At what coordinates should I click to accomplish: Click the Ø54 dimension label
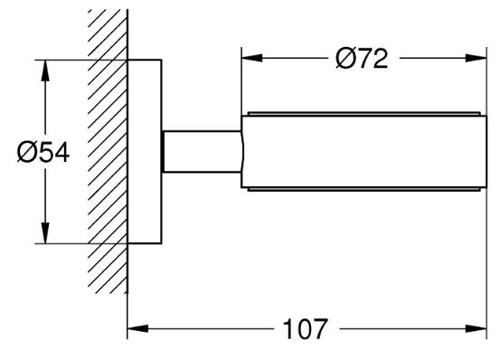click(43, 153)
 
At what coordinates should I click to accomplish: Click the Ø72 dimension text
click(362, 59)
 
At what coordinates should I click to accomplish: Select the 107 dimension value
click(306, 328)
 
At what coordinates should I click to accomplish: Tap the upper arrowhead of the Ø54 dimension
click(45, 71)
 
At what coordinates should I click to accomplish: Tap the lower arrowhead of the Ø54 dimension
click(45, 233)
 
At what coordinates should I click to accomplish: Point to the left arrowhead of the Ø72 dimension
click(252, 58)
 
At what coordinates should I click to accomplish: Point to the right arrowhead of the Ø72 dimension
click(476, 58)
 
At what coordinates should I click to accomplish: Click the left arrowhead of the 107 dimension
click(137, 328)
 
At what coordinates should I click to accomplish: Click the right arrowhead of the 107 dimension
click(476, 328)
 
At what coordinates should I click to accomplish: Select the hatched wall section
click(108, 151)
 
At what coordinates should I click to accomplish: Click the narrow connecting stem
click(202, 151)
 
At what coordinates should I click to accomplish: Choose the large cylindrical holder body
click(363, 151)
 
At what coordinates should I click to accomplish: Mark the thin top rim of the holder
click(363, 114)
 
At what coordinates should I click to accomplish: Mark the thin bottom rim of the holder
click(363, 189)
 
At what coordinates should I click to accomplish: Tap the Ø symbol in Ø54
click(26, 153)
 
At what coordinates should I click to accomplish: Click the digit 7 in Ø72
click(363, 59)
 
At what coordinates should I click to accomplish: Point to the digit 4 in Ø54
click(61, 153)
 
